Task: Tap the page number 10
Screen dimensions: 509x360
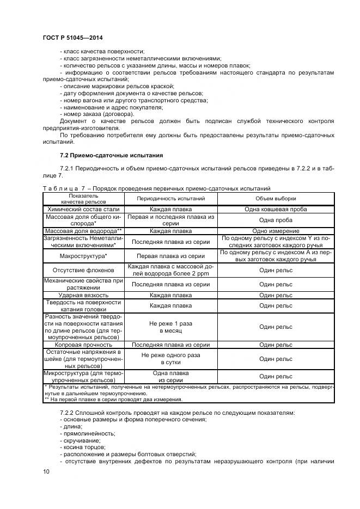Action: click(x=46, y=471)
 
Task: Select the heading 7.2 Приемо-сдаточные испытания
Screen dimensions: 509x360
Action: click(x=103, y=156)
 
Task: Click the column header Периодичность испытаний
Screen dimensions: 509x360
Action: click(x=170, y=199)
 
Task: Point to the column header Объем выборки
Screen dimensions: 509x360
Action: click(x=276, y=199)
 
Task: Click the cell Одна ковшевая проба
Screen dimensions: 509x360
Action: click(x=276, y=209)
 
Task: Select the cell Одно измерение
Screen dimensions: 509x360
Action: click(x=276, y=231)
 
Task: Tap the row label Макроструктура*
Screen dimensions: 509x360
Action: click(x=83, y=256)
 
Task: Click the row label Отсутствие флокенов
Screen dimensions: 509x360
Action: click(x=83, y=269)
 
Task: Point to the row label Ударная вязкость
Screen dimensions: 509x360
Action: click(x=83, y=295)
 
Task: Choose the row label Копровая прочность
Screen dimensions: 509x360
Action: click(x=83, y=345)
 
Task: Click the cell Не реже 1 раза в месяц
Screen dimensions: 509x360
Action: click(x=170, y=327)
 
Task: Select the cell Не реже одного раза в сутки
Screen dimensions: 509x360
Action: click(x=170, y=359)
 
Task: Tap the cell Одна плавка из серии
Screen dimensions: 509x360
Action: click(x=170, y=377)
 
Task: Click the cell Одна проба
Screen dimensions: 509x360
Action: click(x=276, y=220)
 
